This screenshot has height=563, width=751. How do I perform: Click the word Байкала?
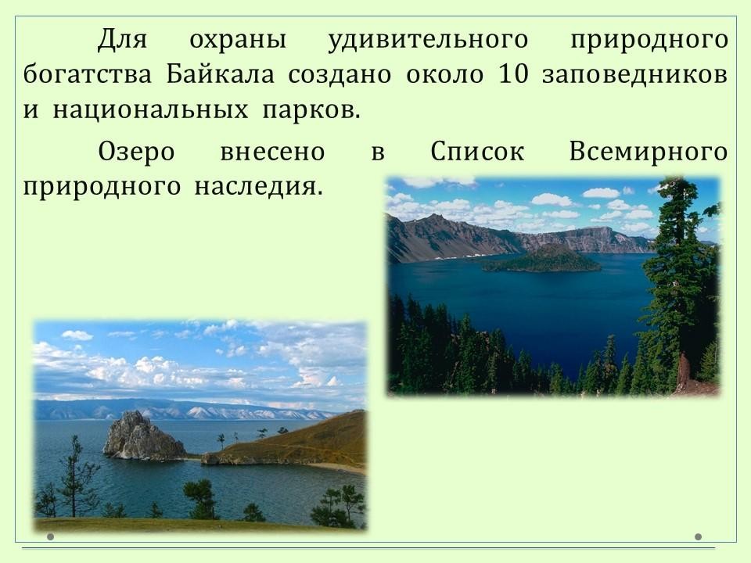point(221,74)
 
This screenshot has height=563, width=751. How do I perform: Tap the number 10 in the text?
point(513,74)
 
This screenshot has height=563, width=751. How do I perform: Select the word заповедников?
point(635,75)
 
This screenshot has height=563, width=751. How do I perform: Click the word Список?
point(477,152)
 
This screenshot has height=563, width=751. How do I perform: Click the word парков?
point(311,110)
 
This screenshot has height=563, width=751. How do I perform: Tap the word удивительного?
point(428,40)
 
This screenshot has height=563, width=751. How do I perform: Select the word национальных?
point(150,110)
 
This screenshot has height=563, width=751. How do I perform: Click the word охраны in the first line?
point(238,40)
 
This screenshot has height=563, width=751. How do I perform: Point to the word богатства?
point(87,74)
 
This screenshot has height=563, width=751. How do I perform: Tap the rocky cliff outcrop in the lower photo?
point(144,436)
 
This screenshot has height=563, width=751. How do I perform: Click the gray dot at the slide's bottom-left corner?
point(50,536)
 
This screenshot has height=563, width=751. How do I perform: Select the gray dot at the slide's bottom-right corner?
point(698,536)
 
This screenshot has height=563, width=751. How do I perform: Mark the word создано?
point(340,75)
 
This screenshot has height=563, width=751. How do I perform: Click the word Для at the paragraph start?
point(122,40)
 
